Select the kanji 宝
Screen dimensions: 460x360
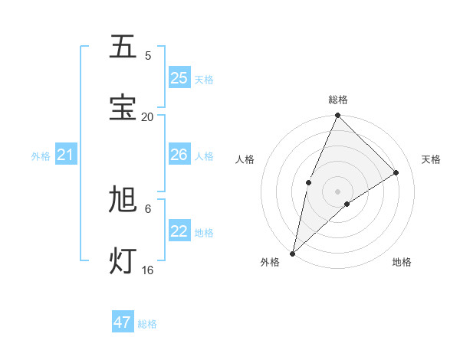coord(123,107)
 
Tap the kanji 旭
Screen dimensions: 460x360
coord(123,200)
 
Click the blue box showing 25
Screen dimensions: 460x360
coord(179,77)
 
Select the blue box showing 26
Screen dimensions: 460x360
coord(179,155)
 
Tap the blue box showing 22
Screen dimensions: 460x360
coord(179,231)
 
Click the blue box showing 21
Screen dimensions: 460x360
coord(65,155)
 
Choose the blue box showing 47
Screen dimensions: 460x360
coord(123,322)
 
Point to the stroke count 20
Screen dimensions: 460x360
coord(147,116)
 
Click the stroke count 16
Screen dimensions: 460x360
coord(147,270)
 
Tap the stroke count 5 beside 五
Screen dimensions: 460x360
coord(148,55)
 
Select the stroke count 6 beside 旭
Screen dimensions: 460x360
coord(148,208)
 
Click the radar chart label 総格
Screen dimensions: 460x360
coord(338,100)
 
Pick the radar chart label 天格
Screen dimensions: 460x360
coord(431,159)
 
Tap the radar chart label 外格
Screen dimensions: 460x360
coord(270,262)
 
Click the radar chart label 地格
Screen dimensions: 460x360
coord(402,262)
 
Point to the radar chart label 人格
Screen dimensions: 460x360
coord(245,159)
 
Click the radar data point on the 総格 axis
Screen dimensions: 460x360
coord(337,116)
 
